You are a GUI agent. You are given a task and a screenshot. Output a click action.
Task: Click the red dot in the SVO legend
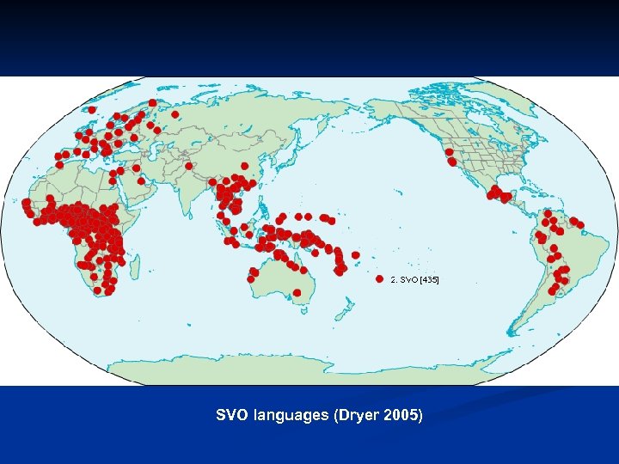(379, 279)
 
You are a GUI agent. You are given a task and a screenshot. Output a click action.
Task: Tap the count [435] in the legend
(428, 280)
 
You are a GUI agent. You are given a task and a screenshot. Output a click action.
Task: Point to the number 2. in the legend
(394, 280)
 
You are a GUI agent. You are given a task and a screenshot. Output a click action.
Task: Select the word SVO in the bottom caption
(231, 415)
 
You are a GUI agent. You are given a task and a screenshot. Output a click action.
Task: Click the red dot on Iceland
(92, 110)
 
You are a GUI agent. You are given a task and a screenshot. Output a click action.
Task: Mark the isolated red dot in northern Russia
(175, 113)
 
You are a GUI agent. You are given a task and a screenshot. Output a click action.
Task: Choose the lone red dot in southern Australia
(297, 293)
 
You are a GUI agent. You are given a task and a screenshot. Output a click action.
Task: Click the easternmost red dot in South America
(580, 224)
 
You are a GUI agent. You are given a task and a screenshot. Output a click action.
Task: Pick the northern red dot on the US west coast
(449, 152)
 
